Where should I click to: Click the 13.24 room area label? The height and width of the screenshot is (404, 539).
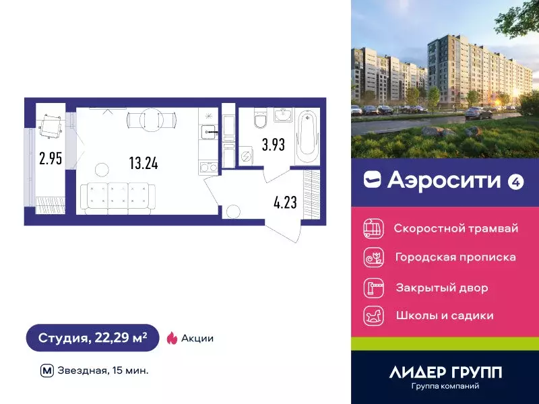[x=143, y=162]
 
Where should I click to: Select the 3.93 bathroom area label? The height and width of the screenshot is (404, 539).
[x=274, y=145]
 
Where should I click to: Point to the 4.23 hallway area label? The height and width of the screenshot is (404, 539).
[x=285, y=202]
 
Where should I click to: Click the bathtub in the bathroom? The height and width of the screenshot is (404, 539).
[x=307, y=137]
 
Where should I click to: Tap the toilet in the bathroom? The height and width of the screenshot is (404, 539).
[x=259, y=119]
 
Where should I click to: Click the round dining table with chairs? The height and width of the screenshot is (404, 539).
[x=145, y=119]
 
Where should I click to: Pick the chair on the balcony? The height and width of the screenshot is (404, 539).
[x=51, y=124]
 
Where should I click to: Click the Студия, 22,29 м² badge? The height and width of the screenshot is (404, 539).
[x=93, y=338]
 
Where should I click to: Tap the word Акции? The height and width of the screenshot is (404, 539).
[x=198, y=338]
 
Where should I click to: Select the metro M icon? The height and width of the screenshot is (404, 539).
[x=46, y=370]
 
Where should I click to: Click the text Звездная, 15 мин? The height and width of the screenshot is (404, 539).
[x=104, y=370]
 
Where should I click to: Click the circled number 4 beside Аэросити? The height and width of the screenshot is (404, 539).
[x=515, y=180]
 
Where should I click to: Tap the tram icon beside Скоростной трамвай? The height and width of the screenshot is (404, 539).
[x=373, y=228]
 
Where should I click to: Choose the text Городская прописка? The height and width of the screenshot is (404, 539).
[x=455, y=257]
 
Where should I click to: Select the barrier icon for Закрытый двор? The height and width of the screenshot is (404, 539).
[x=373, y=288]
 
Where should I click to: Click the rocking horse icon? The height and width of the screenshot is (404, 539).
[x=373, y=315]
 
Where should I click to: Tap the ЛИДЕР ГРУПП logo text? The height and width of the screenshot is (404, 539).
[x=445, y=372]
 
